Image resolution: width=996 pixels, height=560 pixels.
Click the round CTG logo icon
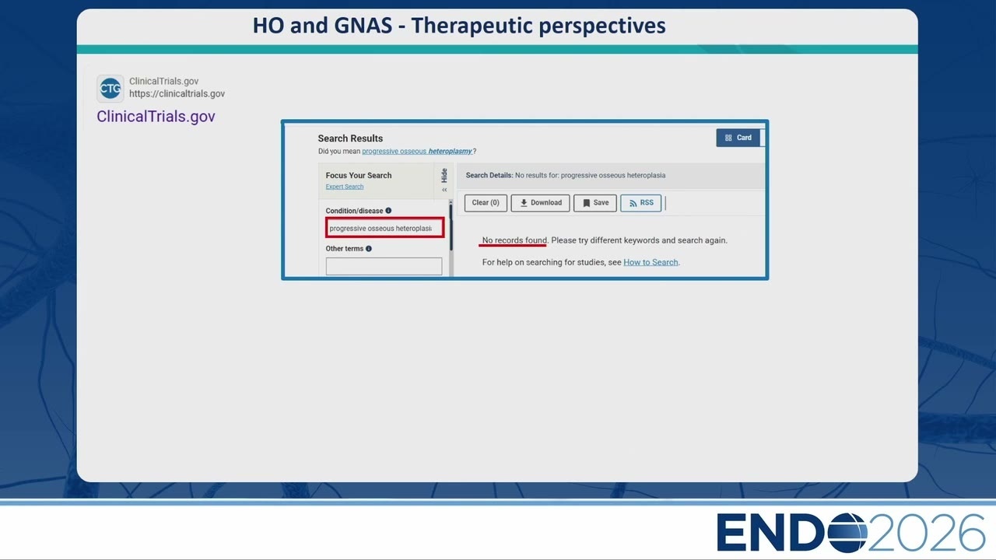(x=110, y=89)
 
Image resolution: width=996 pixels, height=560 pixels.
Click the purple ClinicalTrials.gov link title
(x=156, y=117)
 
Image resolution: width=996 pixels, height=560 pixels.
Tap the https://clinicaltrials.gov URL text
(x=177, y=94)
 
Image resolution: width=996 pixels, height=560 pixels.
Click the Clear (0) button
(x=486, y=203)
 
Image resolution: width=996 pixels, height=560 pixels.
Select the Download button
(x=540, y=203)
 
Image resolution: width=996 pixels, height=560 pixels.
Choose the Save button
(x=595, y=203)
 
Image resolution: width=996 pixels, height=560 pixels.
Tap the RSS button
(x=640, y=203)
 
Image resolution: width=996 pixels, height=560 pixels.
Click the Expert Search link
(x=345, y=187)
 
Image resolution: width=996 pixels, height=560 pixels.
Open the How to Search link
(x=651, y=262)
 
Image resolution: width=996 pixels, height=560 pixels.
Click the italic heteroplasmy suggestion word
(x=450, y=151)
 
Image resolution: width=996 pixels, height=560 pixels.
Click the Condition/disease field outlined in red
(x=384, y=228)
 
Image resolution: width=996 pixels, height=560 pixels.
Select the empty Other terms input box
(x=384, y=266)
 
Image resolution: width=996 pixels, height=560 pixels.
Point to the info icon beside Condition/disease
(x=388, y=211)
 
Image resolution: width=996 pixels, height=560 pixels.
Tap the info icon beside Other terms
(x=369, y=248)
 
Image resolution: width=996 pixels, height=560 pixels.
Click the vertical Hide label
(x=444, y=176)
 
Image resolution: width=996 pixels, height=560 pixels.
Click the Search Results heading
(x=350, y=138)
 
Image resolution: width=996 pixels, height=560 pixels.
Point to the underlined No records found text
(x=514, y=240)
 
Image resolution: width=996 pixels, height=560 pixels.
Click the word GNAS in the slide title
(x=363, y=26)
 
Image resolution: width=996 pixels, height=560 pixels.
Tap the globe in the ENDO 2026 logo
(x=847, y=533)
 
